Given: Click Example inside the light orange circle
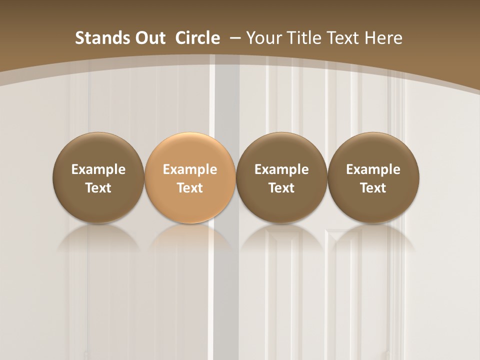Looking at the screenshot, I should tap(190, 169).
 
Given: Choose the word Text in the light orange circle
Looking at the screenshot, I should tap(190, 188).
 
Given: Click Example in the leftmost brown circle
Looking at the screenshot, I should tap(98, 169).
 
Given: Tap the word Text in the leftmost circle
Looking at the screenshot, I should tap(98, 188).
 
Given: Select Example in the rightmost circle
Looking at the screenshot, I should tap(373, 169).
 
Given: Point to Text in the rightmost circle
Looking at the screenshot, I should tap(373, 188).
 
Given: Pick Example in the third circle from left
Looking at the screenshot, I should tap(281, 169).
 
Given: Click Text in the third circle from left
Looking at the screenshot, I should tap(281, 188).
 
